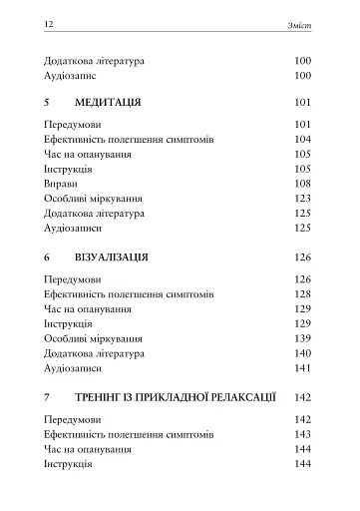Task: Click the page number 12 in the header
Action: coord(50,21)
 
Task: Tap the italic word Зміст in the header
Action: coord(300,21)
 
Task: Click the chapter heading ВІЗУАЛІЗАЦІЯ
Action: coord(112,256)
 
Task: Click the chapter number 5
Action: coord(49,103)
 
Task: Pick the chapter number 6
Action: coord(49,256)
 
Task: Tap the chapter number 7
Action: coord(49,396)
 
